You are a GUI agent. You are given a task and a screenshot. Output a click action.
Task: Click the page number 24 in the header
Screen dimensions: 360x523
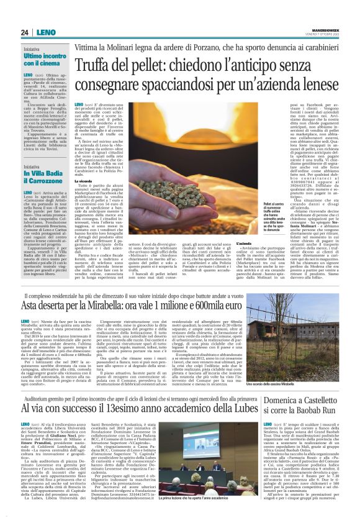(24, 32)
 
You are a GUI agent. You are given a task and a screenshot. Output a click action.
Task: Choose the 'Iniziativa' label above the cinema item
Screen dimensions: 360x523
(31, 48)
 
